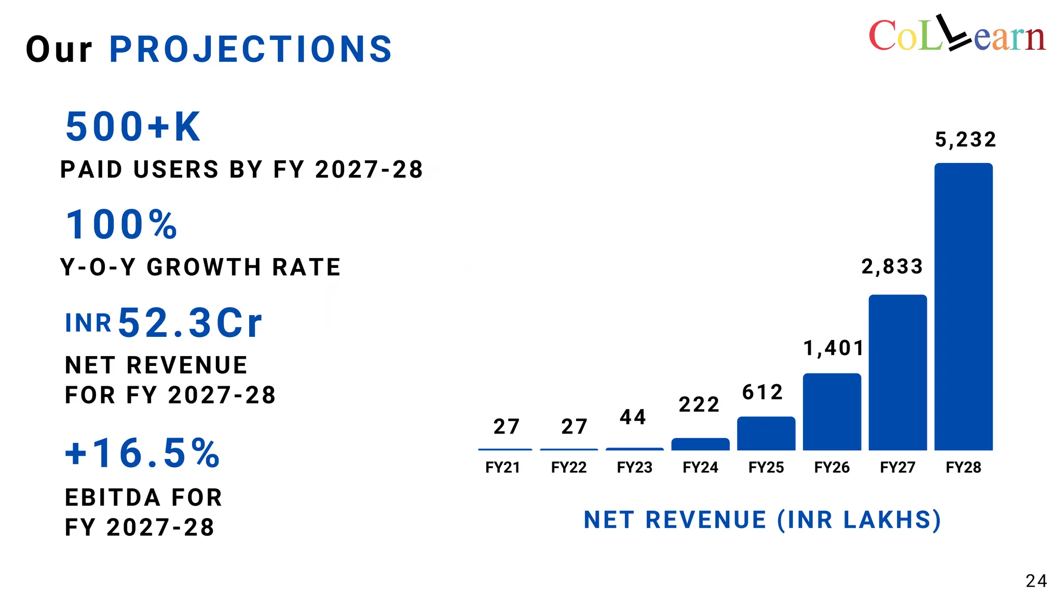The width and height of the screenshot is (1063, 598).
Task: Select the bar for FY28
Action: pos(963,306)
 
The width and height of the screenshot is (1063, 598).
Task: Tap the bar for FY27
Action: pos(897,372)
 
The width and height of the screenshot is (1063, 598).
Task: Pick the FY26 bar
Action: pos(832,412)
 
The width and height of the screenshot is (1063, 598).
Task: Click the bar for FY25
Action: pos(766,433)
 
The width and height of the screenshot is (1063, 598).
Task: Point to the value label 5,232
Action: pos(965,140)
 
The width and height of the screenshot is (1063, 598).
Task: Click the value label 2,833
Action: pos(892,267)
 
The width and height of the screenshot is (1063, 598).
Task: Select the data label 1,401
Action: pos(834,348)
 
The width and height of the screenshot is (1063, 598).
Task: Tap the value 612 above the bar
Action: pos(762,392)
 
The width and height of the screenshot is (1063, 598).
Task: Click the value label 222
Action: pos(699,405)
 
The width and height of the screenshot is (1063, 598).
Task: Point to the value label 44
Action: pos(633,417)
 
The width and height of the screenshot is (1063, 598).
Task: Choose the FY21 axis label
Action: pos(502,468)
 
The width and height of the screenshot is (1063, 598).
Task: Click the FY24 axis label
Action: pos(700,468)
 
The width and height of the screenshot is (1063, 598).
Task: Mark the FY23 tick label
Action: pos(634,468)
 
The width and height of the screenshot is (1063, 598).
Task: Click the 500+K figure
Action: pos(133,127)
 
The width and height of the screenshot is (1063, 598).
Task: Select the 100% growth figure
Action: pos(121,225)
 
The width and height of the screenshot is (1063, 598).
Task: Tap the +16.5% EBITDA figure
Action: pos(142,453)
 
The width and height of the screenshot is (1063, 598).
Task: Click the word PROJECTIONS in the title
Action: pos(251,50)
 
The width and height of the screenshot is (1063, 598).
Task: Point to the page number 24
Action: pos(1036,581)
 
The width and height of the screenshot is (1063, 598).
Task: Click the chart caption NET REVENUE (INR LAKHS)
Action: pos(762,520)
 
